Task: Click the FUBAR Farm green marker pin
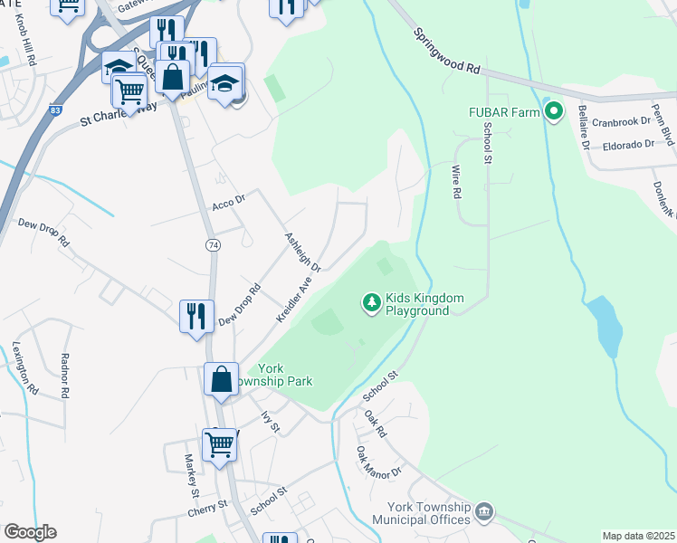(555, 113)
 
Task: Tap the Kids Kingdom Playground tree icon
(370, 302)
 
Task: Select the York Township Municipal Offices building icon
(484, 512)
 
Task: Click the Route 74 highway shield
(212, 245)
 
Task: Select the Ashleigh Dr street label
(303, 251)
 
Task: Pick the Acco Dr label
(229, 204)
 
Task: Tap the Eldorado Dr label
(621, 144)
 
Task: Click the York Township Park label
(284, 375)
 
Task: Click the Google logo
(30, 531)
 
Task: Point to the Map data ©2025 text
(638, 536)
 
